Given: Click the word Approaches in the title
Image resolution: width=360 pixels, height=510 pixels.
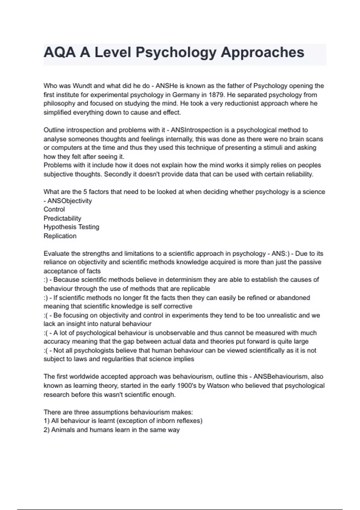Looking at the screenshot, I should point(262,53).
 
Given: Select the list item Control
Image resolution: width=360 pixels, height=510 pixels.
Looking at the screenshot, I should point(54,209).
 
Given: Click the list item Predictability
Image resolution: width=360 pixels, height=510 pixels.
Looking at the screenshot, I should point(62,218).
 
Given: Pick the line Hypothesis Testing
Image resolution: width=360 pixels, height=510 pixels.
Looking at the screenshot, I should point(71,227).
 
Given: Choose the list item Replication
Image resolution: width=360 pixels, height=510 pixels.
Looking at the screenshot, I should point(60,236).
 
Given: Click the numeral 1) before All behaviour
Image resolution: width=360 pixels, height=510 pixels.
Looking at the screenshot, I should point(46,421).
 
